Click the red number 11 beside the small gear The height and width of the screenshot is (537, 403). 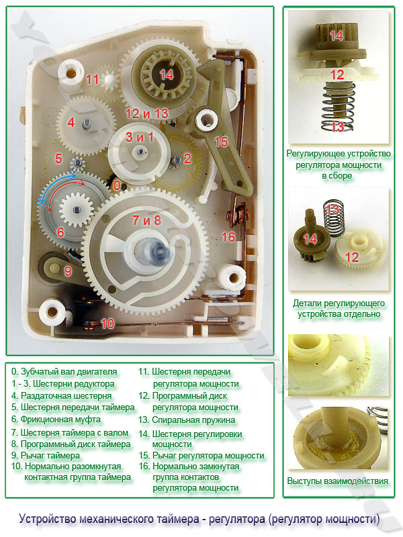[92, 79]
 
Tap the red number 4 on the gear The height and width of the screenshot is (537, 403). [71, 122]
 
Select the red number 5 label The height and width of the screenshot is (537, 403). [58, 158]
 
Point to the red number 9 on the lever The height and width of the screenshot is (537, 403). [68, 271]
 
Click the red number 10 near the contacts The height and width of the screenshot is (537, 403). [107, 324]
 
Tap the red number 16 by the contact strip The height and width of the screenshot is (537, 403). [228, 237]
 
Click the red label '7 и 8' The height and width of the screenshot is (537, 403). [146, 220]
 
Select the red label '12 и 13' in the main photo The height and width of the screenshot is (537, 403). [146, 113]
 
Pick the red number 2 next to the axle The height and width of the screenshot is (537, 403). [187, 158]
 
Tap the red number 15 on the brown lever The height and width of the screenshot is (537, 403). [222, 142]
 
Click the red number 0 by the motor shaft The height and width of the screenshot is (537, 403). [117, 186]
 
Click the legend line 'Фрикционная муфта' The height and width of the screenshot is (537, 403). [56, 420]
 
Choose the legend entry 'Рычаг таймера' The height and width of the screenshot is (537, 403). [46, 456]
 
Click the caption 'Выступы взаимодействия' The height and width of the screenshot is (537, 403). [338, 481]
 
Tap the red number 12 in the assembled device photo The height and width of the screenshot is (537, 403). [337, 75]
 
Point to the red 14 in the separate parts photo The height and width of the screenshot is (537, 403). [310, 239]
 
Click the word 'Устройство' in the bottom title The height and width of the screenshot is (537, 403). [48, 519]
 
